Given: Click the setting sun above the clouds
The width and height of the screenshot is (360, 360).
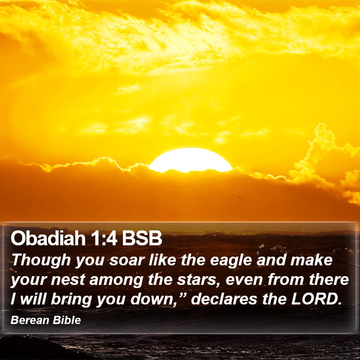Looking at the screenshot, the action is pyautogui.click(x=191, y=160).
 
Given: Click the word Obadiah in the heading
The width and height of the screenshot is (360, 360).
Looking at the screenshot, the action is pyautogui.click(x=48, y=238).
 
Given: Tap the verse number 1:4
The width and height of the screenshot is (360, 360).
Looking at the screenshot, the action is pyautogui.click(x=104, y=239).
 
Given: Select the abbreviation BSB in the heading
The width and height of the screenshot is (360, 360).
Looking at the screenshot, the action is pyautogui.click(x=142, y=239).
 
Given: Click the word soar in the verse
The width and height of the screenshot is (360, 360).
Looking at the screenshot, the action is pyautogui.click(x=127, y=260).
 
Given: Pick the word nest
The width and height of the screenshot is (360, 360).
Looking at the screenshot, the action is pyautogui.click(x=68, y=280).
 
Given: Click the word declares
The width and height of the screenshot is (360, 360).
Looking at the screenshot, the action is pyautogui.click(x=224, y=299).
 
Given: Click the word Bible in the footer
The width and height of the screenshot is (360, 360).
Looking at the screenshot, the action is pyautogui.click(x=67, y=320).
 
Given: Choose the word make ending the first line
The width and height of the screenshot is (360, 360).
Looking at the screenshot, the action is pyautogui.click(x=311, y=260).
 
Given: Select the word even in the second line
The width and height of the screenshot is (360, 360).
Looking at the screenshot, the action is pyautogui.click(x=244, y=280).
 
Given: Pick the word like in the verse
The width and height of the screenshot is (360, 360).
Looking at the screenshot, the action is pyautogui.click(x=163, y=260).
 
